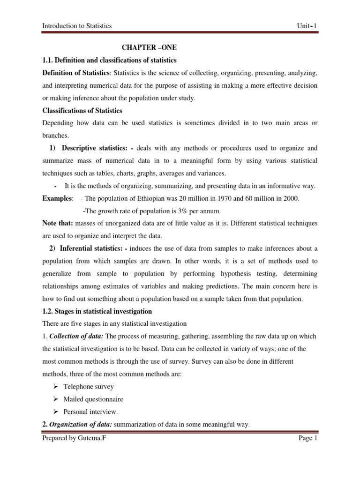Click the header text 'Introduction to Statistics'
77,26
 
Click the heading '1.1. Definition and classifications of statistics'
109,60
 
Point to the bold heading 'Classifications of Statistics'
82,111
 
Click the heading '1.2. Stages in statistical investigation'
97,311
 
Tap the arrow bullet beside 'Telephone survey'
55,387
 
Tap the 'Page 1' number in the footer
307,439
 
